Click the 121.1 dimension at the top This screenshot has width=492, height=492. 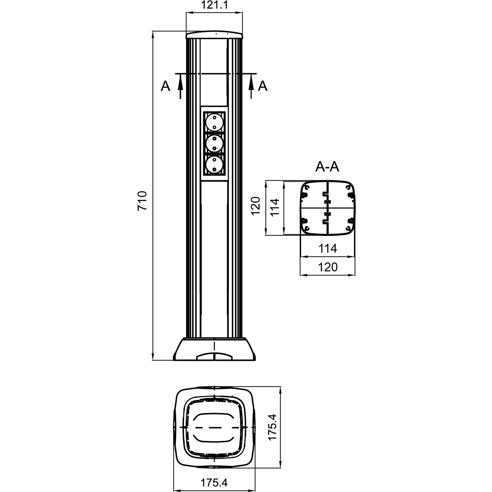tap(214, 5)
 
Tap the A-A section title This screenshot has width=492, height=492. tap(327, 167)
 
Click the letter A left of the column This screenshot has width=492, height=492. tap(165, 86)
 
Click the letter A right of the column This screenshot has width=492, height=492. tap(262, 86)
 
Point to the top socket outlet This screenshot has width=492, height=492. tap(215, 123)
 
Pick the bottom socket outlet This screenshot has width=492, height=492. tap(215, 165)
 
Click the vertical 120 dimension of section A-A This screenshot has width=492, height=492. tap(256, 206)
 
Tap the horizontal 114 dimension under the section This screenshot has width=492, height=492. tap(328, 248)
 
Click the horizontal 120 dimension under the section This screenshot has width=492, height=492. tap(328, 267)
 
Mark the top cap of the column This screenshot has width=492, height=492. tap(214, 35)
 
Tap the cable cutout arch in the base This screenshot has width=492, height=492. tap(215, 356)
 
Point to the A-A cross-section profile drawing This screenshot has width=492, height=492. tap(328, 208)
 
